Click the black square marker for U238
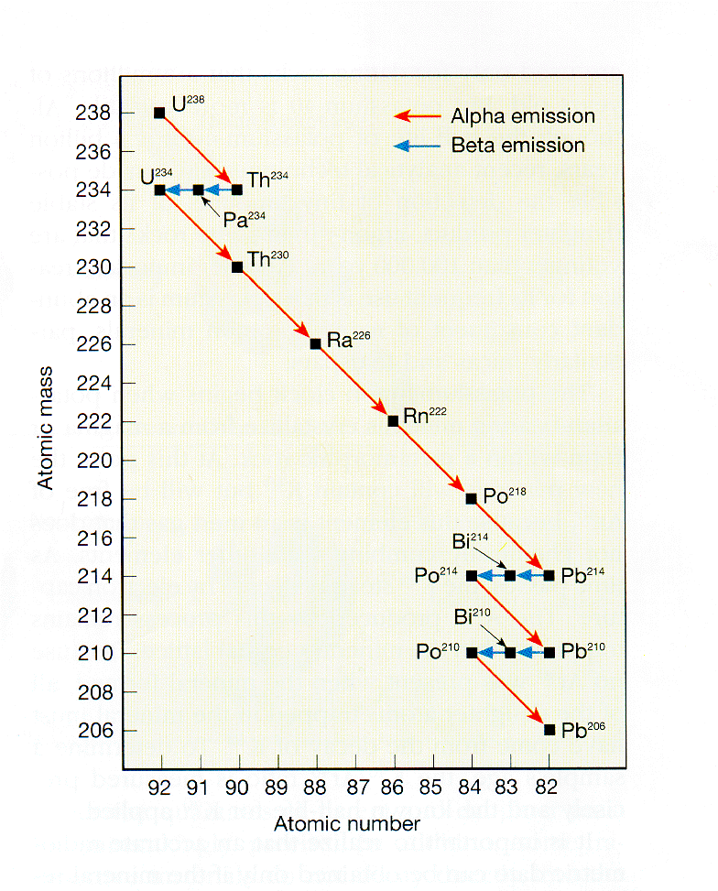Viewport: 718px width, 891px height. click(159, 113)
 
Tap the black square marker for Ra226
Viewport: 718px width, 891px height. click(315, 344)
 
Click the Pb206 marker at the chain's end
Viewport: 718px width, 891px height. click(549, 730)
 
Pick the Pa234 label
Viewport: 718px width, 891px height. click(241, 219)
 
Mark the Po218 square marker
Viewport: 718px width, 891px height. click(472, 499)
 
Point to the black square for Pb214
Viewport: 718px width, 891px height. click(549, 576)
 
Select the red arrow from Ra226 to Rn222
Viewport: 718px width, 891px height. click(354, 383)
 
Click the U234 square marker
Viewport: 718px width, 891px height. click(159, 190)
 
